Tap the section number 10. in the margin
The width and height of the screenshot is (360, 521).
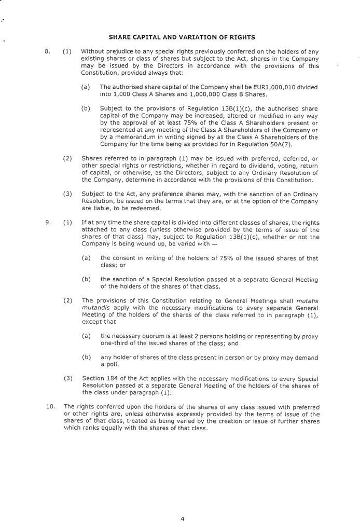50,406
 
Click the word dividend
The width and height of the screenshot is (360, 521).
239,165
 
